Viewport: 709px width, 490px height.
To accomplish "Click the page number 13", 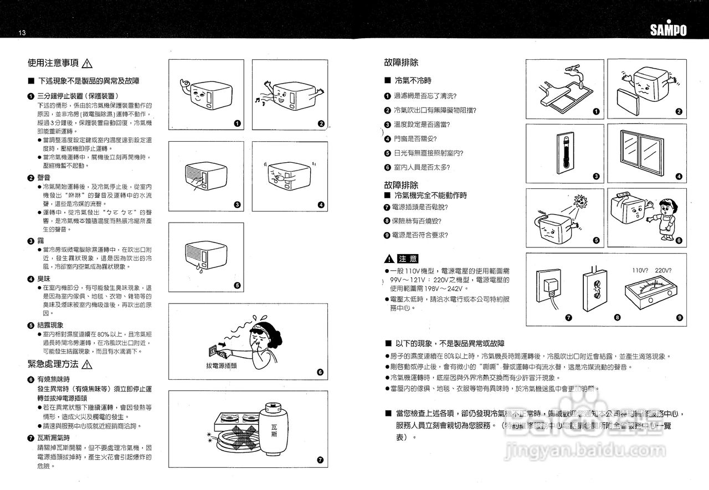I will [22, 33].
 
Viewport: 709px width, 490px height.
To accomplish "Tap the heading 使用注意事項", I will [53, 63].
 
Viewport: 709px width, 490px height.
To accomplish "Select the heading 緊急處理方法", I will [53, 364].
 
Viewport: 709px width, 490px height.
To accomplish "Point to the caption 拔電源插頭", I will [222, 365].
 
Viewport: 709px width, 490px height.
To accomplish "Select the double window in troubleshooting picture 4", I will [646, 151].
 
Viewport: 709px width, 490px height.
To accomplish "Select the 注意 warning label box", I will [409, 259].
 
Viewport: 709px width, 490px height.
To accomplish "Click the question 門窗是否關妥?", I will [415, 138].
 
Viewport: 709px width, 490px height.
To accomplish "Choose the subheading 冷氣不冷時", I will [413, 81].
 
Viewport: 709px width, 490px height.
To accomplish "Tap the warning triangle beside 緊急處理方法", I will [87, 364].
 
